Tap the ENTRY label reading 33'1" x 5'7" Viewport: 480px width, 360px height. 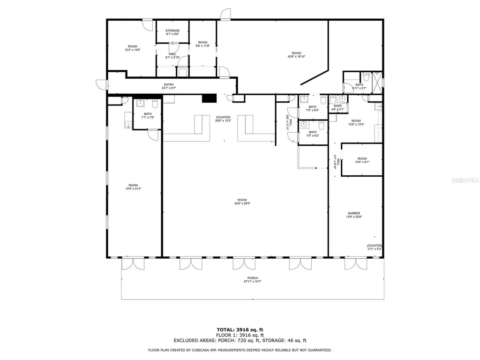tap(169, 86)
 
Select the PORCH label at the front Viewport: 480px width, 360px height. tap(253, 280)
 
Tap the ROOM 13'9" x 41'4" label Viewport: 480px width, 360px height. tap(133, 187)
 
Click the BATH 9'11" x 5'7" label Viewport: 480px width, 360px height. tap(359, 86)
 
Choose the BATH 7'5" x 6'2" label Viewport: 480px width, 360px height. tap(312, 134)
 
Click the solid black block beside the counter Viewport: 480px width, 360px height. tap(209, 98)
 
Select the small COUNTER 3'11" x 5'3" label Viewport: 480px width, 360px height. tap(375, 247)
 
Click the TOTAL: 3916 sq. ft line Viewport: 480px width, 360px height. tap(240, 330)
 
